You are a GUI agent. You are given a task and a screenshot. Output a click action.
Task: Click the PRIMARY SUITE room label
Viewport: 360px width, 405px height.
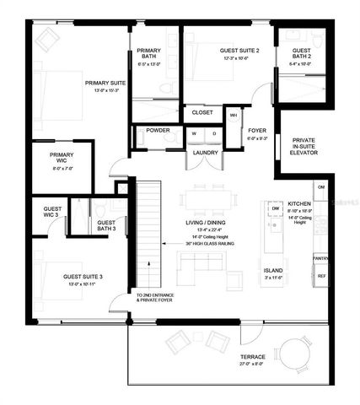[105, 83]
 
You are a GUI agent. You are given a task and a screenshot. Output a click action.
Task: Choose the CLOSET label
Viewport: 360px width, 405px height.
[201, 111]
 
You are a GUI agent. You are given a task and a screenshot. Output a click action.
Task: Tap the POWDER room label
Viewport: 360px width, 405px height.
[159, 131]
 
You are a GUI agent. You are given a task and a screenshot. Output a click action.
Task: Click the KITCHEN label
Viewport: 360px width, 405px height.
[301, 204]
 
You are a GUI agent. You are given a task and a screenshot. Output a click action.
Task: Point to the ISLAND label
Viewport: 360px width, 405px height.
[273, 272]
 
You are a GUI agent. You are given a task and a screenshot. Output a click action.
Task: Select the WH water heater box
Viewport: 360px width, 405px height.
[234, 115]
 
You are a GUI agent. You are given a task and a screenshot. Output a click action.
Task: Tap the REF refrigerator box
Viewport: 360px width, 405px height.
[321, 276]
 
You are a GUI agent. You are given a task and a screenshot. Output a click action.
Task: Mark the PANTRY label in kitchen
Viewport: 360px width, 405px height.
[320, 257]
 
